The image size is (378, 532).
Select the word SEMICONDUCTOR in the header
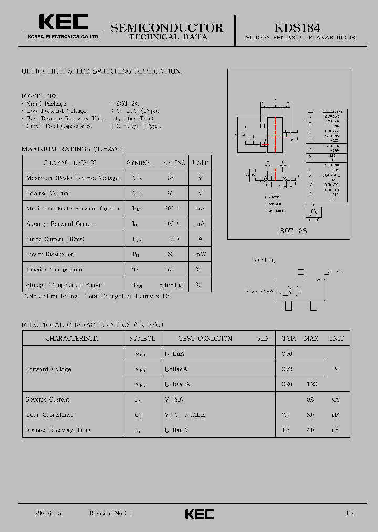coord(167,27)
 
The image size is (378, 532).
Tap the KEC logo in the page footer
coord(199,514)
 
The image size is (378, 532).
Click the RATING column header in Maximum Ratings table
coord(173,162)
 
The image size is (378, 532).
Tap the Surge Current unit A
coord(199,239)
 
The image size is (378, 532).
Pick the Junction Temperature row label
coord(55,270)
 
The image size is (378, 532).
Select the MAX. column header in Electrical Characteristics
coord(311,339)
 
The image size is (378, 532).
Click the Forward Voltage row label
coord(48,369)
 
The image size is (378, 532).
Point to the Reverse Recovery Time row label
coord(58,430)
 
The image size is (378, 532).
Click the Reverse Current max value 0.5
coord(310,400)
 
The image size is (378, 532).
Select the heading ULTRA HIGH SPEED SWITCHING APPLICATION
coord(101,71)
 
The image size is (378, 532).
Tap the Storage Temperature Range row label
coord(64,285)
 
